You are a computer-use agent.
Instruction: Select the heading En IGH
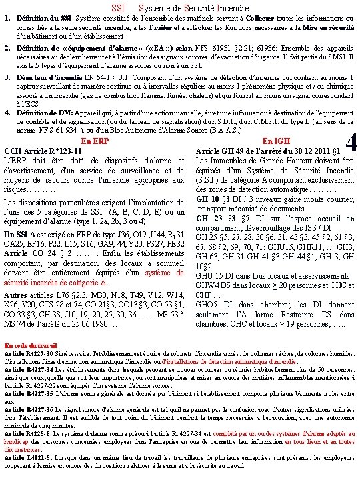point(277,141)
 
